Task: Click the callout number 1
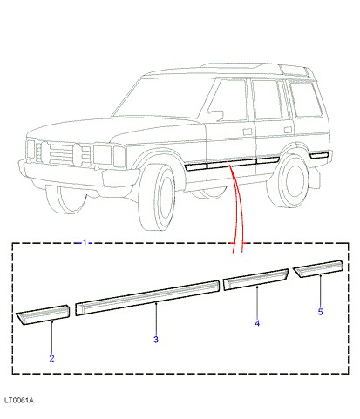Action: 85,242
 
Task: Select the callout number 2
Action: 51,358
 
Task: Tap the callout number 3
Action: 156,339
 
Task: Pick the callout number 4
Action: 257,323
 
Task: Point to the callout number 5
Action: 320,312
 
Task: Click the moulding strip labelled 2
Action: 43,314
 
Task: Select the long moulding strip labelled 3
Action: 147,298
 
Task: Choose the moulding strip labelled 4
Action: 255,280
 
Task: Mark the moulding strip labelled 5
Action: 318,269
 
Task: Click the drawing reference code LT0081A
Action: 19,401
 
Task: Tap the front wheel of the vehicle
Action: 157,198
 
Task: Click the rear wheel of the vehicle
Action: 287,180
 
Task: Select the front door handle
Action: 248,132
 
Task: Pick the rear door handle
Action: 288,130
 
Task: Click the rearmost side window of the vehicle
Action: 306,99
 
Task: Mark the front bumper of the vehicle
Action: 77,174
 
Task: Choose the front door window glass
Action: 229,100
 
